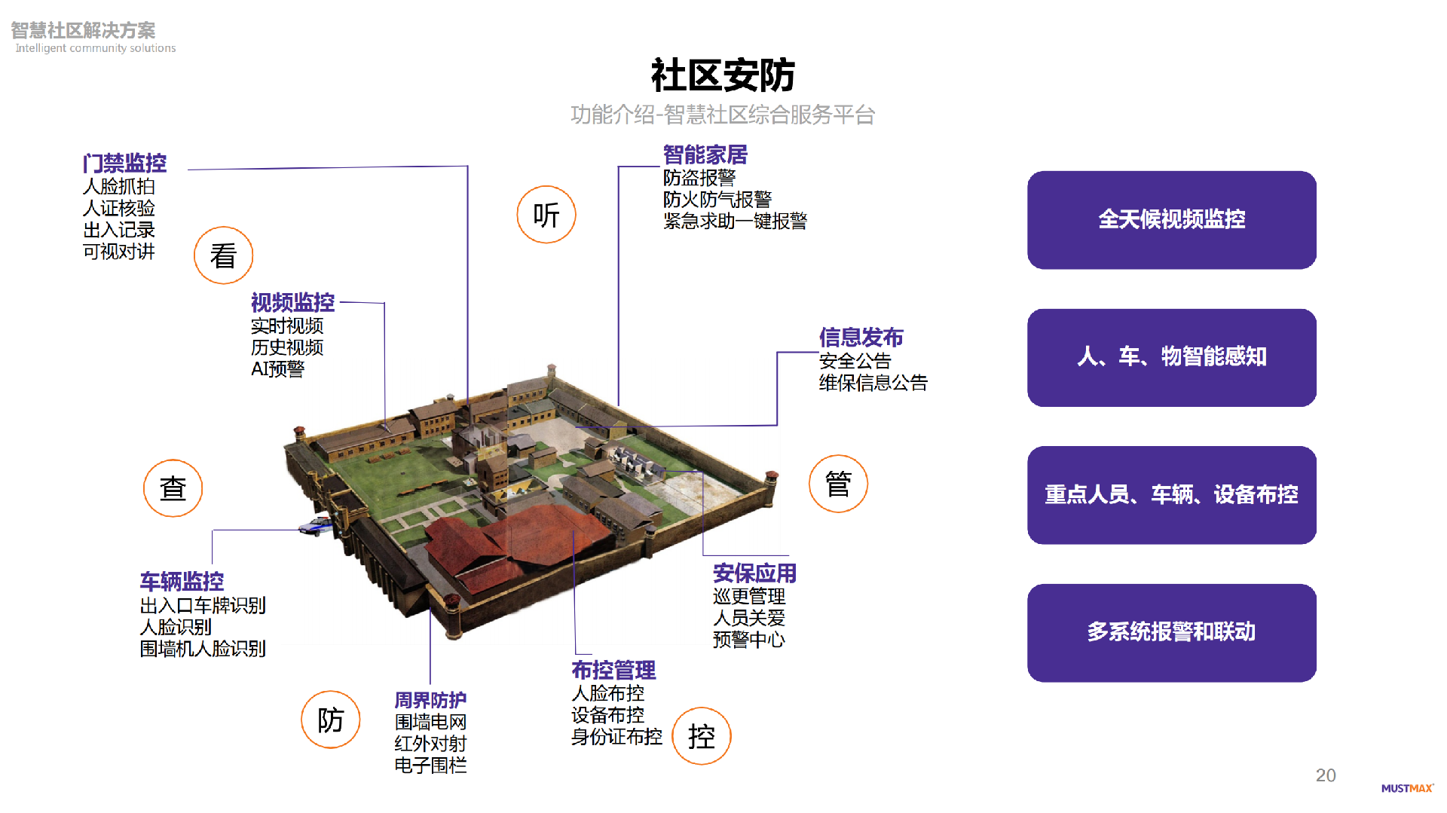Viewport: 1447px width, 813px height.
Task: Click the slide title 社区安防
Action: pyautogui.click(x=723, y=75)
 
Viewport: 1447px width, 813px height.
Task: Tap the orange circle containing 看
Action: pyautogui.click(x=223, y=255)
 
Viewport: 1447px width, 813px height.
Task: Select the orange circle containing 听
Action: pyautogui.click(x=546, y=215)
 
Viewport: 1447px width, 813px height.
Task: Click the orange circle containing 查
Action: pyautogui.click(x=173, y=488)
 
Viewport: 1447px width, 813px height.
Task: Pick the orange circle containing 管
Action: pyautogui.click(x=838, y=484)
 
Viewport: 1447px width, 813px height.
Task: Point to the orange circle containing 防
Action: pyautogui.click(x=330, y=720)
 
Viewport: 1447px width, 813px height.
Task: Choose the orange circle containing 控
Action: pyautogui.click(x=701, y=736)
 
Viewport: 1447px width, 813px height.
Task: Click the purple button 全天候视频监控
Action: pyautogui.click(x=1171, y=220)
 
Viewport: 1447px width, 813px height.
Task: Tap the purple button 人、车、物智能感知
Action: pyautogui.click(x=1171, y=357)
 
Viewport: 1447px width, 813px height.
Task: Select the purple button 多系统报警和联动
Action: pyautogui.click(x=1171, y=632)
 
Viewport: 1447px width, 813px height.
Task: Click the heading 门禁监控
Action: pyautogui.click(x=124, y=163)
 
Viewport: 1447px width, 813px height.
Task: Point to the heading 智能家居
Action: pyautogui.click(x=705, y=154)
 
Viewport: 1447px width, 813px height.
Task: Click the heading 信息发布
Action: pyautogui.click(x=861, y=338)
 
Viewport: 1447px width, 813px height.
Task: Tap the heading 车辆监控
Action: pyautogui.click(x=182, y=582)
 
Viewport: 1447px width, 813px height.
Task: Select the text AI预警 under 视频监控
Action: pyautogui.click(x=277, y=369)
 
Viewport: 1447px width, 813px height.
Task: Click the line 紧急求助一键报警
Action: pyautogui.click(x=735, y=222)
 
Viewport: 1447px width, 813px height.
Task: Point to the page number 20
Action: pyautogui.click(x=1325, y=775)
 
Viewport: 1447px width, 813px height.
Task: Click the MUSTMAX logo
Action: pyautogui.click(x=1406, y=788)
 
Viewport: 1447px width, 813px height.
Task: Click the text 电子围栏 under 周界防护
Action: pyautogui.click(x=430, y=766)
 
